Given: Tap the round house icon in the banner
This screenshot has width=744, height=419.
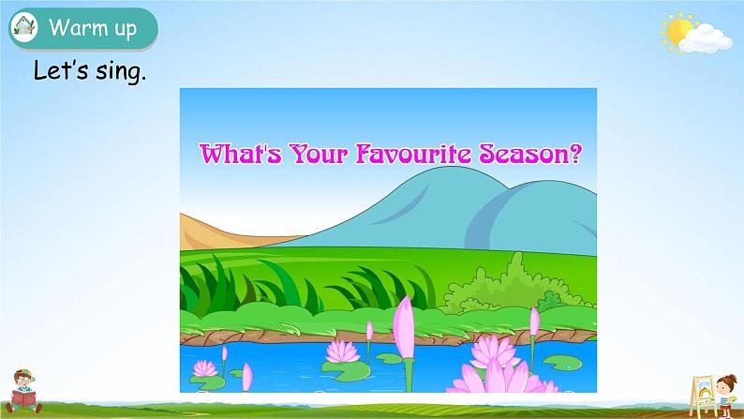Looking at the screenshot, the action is (x=23, y=27).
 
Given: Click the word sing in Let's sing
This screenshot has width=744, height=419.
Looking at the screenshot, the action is (x=121, y=72).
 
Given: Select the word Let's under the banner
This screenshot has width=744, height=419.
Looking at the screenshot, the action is (x=61, y=70).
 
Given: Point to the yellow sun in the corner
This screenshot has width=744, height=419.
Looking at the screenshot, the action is (x=678, y=32).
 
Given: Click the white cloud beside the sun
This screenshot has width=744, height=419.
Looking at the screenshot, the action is (x=706, y=39).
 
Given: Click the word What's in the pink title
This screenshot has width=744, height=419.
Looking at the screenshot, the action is (x=240, y=154).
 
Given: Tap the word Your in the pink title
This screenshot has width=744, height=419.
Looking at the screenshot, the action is (x=319, y=154).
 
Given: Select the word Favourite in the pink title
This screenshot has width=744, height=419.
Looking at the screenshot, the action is (x=414, y=154).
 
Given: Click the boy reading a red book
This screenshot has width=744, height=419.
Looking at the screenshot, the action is (x=23, y=392).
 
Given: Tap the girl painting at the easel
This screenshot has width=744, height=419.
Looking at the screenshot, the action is (x=726, y=395).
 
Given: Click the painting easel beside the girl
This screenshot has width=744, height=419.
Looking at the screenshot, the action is (x=702, y=396).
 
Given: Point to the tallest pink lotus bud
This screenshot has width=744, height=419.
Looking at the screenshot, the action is (x=404, y=327).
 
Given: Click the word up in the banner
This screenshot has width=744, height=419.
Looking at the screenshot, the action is (x=126, y=29).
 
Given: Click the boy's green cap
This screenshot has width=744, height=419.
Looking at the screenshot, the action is (x=24, y=373).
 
